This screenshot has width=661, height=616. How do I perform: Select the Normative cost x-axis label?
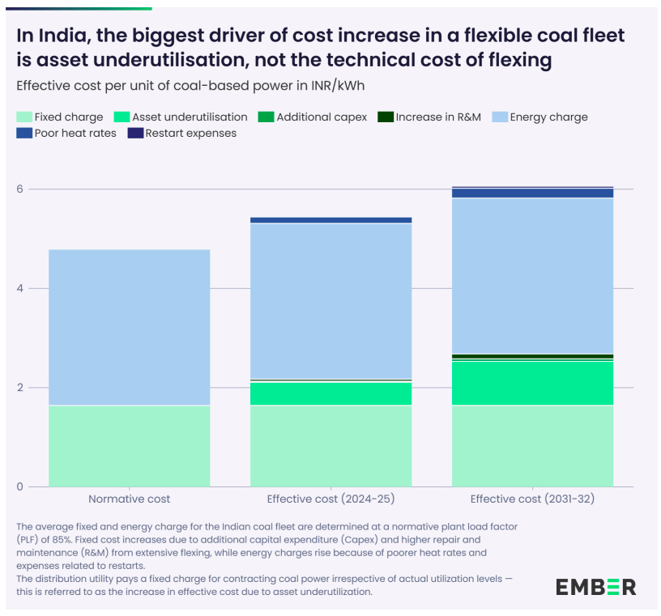tap(129, 499)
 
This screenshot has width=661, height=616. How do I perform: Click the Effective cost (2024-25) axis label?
tap(330, 499)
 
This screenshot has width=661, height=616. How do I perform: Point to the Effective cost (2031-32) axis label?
tap(532, 499)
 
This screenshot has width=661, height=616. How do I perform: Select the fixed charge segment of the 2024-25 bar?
tap(330, 445)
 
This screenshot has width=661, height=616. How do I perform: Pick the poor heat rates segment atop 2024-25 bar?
tap(330, 220)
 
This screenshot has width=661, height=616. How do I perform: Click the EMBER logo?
tap(595, 587)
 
